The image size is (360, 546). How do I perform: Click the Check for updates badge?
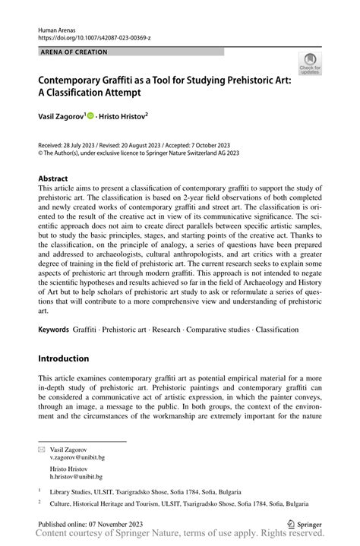[x=310, y=64]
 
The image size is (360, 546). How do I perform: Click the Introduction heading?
[x=64, y=358]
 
